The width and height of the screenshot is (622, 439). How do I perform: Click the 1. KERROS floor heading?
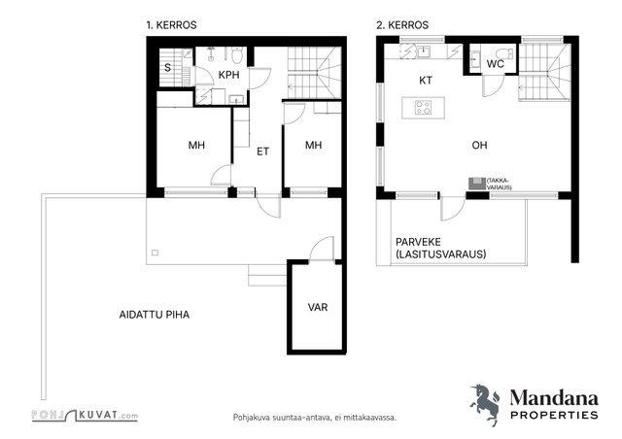pyautogui.click(x=171, y=25)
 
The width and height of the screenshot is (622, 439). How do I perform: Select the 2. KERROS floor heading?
pyautogui.click(x=402, y=25)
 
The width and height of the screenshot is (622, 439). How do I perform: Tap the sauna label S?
pyautogui.click(x=168, y=68)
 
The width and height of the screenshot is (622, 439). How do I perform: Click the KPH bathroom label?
pyautogui.click(x=229, y=75)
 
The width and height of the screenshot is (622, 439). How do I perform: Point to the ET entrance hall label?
pyautogui.click(x=262, y=152)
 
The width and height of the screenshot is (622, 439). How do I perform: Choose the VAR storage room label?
pyautogui.click(x=318, y=307)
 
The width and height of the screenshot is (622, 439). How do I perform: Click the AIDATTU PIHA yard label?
pyautogui.click(x=155, y=315)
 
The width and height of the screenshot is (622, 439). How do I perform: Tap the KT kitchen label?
pyautogui.click(x=426, y=81)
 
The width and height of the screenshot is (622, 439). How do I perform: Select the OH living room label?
pyautogui.click(x=479, y=146)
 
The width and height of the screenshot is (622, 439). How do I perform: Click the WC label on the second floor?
pyautogui.click(x=496, y=64)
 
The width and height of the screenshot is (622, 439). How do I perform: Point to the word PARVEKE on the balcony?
pyautogui.click(x=418, y=242)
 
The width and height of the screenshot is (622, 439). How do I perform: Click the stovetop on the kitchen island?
pyautogui.click(x=424, y=108)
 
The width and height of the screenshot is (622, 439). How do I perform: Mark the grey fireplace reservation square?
pyautogui.click(x=477, y=184)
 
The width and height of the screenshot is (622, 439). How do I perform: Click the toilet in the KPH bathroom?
pyautogui.click(x=237, y=55)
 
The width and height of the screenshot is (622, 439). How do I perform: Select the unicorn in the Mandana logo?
pyautogui.click(x=486, y=404)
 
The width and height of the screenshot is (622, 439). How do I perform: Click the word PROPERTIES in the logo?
pyautogui.click(x=554, y=416)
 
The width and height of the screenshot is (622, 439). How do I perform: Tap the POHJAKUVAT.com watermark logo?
pyautogui.click(x=85, y=416)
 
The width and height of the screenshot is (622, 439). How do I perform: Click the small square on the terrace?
pyautogui.click(x=155, y=253)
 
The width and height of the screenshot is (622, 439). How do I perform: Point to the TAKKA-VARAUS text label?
pyautogui.click(x=499, y=184)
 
